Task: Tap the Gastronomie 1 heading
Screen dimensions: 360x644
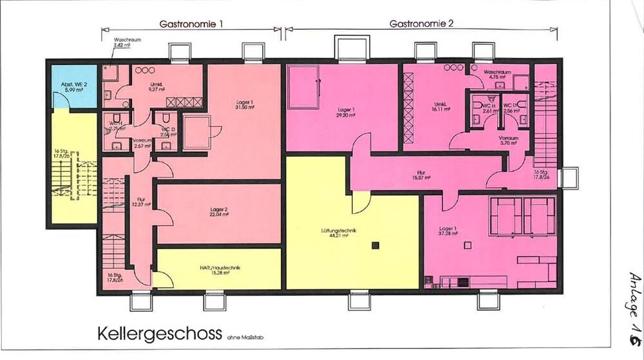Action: (191, 24)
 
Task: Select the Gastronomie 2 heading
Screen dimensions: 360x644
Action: (422, 24)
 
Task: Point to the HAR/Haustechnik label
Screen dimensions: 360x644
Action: (219, 269)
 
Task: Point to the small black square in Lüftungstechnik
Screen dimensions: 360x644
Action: (375, 245)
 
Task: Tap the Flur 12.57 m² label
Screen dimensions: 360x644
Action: (141, 202)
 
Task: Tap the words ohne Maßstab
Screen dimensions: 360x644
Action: (243, 336)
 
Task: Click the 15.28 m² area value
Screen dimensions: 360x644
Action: (219, 274)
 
